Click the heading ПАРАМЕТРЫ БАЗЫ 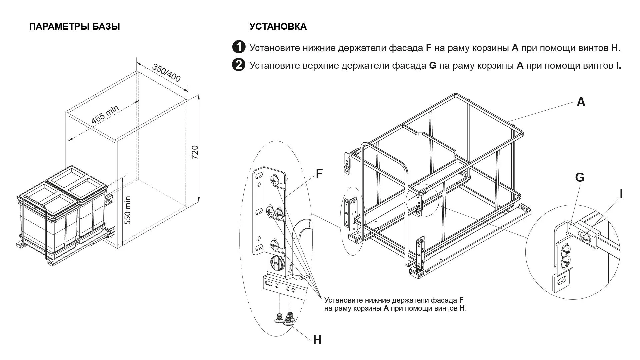(74, 27)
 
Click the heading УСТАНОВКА (278, 27)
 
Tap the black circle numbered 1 (239, 47)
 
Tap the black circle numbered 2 (239, 65)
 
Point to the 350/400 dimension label (166, 73)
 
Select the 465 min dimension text (105, 114)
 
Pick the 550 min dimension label (127, 210)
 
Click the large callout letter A (581, 102)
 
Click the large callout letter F (319, 174)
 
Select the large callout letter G (580, 178)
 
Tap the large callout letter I (621, 194)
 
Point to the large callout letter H (317, 340)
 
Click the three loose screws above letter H (284, 318)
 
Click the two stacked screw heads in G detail (566, 255)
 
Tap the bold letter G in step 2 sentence (432, 66)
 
